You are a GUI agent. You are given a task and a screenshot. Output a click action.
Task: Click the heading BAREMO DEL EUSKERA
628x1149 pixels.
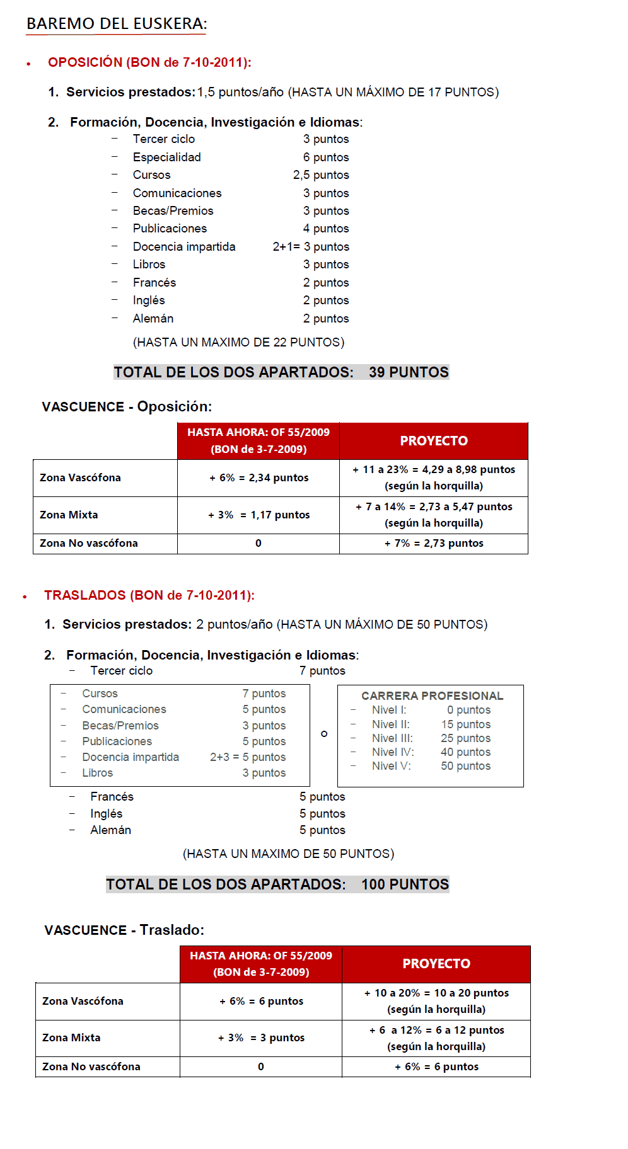pyautogui.click(x=117, y=24)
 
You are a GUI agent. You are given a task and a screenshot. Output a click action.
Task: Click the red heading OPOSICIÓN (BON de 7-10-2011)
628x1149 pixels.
pyautogui.click(x=149, y=62)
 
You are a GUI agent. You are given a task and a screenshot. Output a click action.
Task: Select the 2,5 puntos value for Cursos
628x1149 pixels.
pyautogui.click(x=320, y=175)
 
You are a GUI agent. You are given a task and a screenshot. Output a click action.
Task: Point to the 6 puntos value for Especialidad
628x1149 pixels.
pyautogui.click(x=325, y=157)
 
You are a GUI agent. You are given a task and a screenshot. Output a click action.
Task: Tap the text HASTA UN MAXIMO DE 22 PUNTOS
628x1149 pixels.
pyautogui.click(x=238, y=343)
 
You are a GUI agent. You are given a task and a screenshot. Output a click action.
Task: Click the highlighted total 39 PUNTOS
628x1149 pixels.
pyautogui.click(x=409, y=372)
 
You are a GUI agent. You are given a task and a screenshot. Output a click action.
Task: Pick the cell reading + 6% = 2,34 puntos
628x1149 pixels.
pyautogui.click(x=259, y=478)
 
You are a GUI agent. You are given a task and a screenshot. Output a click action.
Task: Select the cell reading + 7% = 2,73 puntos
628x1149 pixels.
pyautogui.click(x=434, y=544)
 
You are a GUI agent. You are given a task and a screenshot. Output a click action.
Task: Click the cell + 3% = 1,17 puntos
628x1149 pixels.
pyautogui.click(x=259, y=515)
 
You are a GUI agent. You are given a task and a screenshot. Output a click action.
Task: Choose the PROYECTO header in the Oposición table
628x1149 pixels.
pyautogui.click(x=434, y=441)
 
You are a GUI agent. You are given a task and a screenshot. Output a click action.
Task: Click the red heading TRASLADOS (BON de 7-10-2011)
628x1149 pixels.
pyautogui.click(x=149, y=595)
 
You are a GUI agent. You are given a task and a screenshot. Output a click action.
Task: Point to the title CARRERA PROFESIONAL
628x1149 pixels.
pyautogui.click(x=432, y=696)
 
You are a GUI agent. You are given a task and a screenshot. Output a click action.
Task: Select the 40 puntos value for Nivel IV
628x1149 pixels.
pyautogui.click(x=465, y=752)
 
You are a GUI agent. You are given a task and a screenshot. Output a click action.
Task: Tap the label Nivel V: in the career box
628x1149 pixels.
pyautogui.click(x=391, y=766)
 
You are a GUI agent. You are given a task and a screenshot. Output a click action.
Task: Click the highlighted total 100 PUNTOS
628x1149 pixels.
pyautogui.click(x=405, y=884)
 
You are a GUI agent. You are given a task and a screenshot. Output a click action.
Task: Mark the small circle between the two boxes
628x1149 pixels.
pyautogui.click(x=324, y=734)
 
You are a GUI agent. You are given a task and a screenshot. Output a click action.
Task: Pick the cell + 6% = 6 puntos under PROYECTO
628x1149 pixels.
pyautogui.click(x=436, y=1067)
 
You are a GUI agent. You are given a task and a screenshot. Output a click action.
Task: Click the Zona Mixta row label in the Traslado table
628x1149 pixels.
pyautogui.click(x=71, y=1038)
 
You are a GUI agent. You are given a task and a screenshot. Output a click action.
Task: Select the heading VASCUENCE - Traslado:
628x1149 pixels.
pyautogui.click(x=124, y=930)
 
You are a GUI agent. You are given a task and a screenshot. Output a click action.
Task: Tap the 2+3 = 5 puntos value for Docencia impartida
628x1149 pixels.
pyautogui.click(x=248, y=757)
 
